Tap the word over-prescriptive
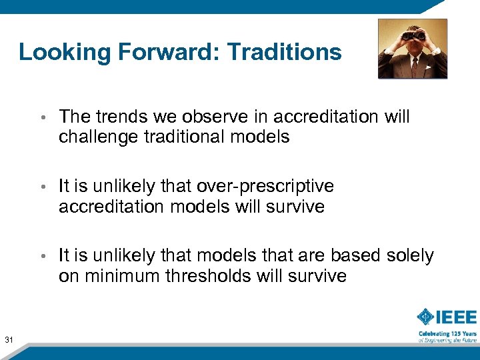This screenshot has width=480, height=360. [263, 186]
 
